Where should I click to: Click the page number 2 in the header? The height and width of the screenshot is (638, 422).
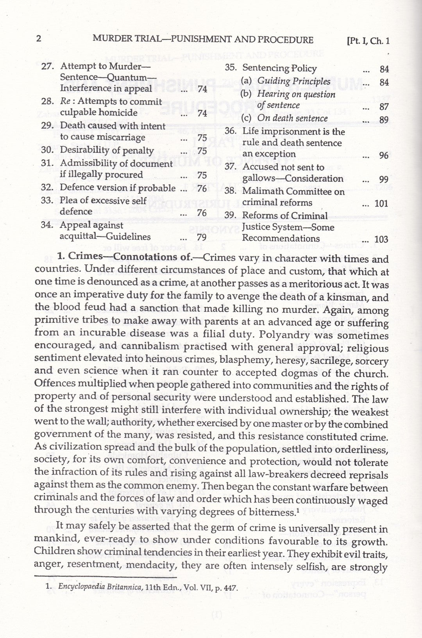tap(38, 39)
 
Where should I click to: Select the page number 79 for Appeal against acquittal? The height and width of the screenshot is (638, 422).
tap(202, 237)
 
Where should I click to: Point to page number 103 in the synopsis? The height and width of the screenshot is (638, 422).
tap(381, 239)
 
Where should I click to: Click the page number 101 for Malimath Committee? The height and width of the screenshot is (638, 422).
tap(381, 203)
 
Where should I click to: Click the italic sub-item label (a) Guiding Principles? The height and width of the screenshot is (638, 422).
tap(286, 81)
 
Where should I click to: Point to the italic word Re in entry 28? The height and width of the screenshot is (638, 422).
tap(65, 101)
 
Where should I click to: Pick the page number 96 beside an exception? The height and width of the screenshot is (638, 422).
tap(384, 155)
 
